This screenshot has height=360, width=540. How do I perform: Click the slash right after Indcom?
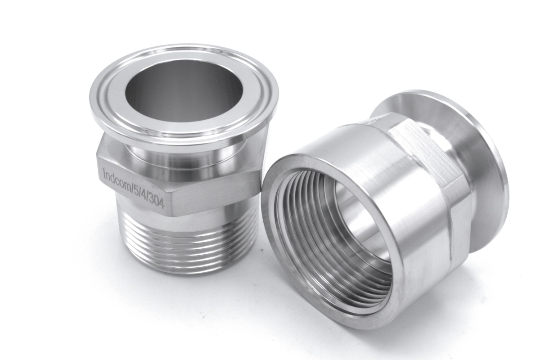(x=130, y=186)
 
